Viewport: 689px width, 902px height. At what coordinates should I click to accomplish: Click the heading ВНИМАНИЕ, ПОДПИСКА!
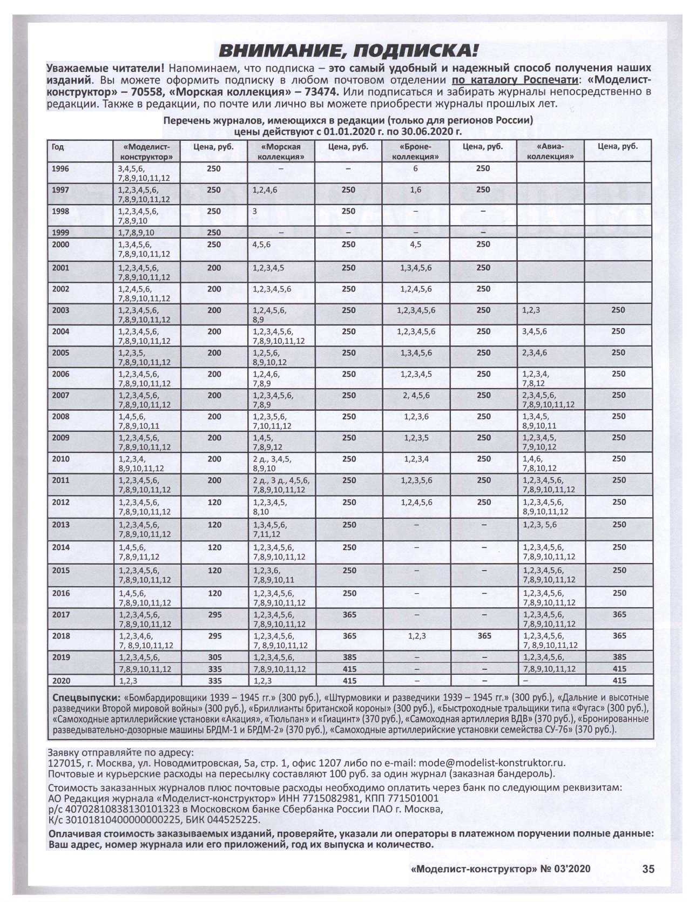348,51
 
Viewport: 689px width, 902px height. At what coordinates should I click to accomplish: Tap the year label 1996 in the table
60,169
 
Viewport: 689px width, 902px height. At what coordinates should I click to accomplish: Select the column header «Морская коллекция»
280,152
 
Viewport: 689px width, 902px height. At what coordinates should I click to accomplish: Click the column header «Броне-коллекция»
415,152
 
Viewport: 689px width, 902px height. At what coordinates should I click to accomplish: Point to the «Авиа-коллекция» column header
550,152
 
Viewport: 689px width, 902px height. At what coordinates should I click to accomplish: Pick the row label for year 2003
60,310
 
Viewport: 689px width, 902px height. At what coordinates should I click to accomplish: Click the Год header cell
58,147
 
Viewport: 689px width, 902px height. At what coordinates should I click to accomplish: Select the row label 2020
60,681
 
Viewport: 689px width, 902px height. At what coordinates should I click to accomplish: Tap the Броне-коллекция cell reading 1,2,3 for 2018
415,636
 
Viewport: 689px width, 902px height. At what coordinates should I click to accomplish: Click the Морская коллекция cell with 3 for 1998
254,212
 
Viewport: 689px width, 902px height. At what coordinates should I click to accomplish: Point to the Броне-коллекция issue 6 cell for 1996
415,169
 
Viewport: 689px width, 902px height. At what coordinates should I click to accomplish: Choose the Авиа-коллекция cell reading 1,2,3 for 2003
531,310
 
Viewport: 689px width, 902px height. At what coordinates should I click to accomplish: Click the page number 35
648,869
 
